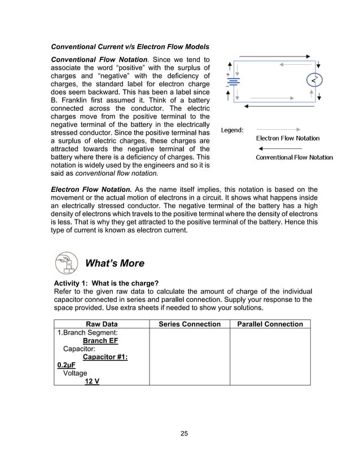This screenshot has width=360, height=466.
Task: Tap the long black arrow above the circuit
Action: [x=274, y=56]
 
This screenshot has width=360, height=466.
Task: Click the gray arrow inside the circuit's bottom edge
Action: [x=265, y=98]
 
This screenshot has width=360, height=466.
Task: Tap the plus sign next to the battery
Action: [x=227, y=74]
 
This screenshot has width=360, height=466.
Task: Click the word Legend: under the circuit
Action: [x=232, y=130]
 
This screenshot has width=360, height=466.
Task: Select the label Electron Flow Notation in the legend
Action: [x=288, y=138]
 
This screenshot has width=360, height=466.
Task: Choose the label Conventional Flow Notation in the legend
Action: [x=295, y=157]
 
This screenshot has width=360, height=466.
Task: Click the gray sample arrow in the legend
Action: [x=278, y=129]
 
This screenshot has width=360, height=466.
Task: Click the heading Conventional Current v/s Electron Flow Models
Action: [x=130, y=46]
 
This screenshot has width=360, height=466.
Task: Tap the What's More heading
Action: [x=114, y=263]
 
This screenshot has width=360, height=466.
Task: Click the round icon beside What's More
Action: [x=67, y=263]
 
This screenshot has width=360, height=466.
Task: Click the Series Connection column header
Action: [x=190, y=324]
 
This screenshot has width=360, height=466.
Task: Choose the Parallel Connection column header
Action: [x=270, y=324]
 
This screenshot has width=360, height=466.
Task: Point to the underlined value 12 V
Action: [x=92, y=381]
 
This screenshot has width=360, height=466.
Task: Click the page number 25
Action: [x=184, y=433]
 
